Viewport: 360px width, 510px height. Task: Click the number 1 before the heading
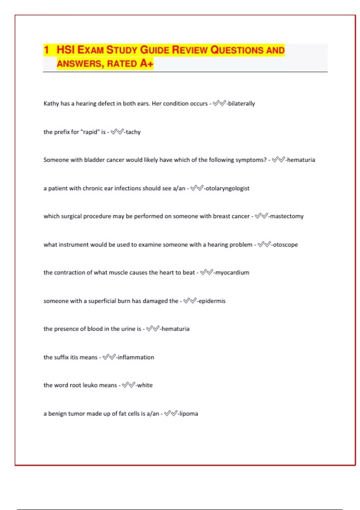click(x=46, y=50)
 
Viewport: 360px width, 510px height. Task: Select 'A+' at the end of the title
click(x=146, y=63)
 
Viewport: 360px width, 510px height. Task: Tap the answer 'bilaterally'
click(x=241, y=103)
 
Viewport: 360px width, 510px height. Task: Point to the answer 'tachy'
click(x=133, y=132)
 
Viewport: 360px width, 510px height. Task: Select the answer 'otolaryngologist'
click(x=227, y=188)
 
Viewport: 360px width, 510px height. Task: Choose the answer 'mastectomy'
click(x=286, y=216)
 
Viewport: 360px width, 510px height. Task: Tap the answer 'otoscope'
click(x=285, y=245)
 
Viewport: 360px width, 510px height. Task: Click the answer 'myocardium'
click(x=232, y=273)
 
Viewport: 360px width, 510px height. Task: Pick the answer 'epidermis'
click(x=212, y=301)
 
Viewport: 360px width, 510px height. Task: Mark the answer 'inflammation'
click(x=136, y=357)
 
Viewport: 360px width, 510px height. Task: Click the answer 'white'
click(x=145, y=385)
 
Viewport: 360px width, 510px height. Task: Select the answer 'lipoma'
click(x=189, y=414)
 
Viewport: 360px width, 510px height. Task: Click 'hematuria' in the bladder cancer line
click(x=301, y=160)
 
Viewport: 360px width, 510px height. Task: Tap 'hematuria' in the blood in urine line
click(x=175, y=329)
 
